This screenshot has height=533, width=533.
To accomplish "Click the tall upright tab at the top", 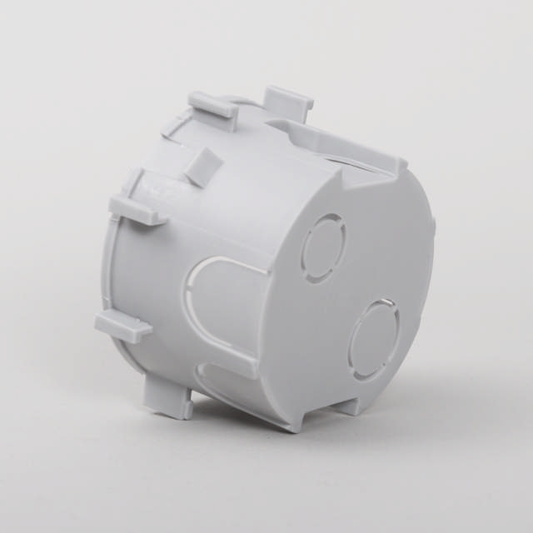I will (289, 106).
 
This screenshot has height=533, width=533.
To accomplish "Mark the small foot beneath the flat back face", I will (351, 406).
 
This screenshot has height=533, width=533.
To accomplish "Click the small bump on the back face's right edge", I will (433, 222).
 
